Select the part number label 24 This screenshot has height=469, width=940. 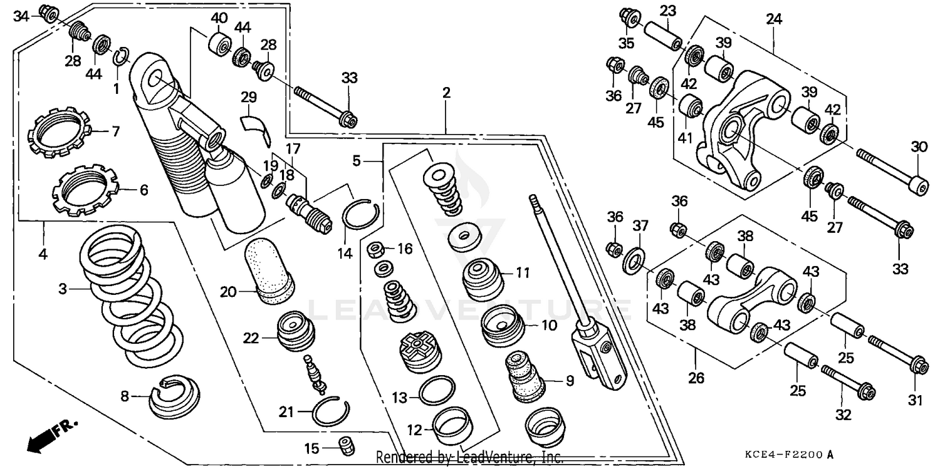pos(774,19)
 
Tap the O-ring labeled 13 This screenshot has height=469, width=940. pos(436,391)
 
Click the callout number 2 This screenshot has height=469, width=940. pos(446,93)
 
